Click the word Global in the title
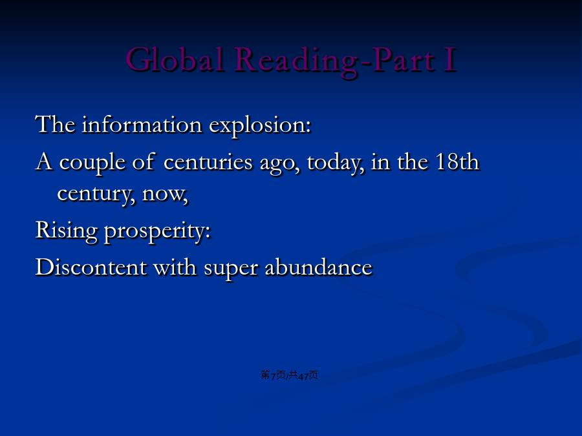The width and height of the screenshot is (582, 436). tap(175, 59)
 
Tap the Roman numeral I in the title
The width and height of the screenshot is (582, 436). tap(450, 59)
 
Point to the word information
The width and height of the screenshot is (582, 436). tap(142, 124)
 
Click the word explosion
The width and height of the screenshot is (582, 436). tap(260, 126)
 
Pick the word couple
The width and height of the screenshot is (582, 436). tap(92, 163)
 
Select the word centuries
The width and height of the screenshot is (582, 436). tap(208, 162)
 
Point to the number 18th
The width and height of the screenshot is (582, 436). tap(457, 161)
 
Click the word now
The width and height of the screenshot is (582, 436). tap(165, 195)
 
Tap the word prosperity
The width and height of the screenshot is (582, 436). tap(157, 233)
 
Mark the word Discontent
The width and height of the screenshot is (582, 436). tap(91, 267)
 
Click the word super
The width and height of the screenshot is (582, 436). tap(231, 269)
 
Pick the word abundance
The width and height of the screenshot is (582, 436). tap(318, 267)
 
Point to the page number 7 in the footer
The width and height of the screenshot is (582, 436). tap(273, 376)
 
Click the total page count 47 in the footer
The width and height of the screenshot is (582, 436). tap(303, 376)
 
